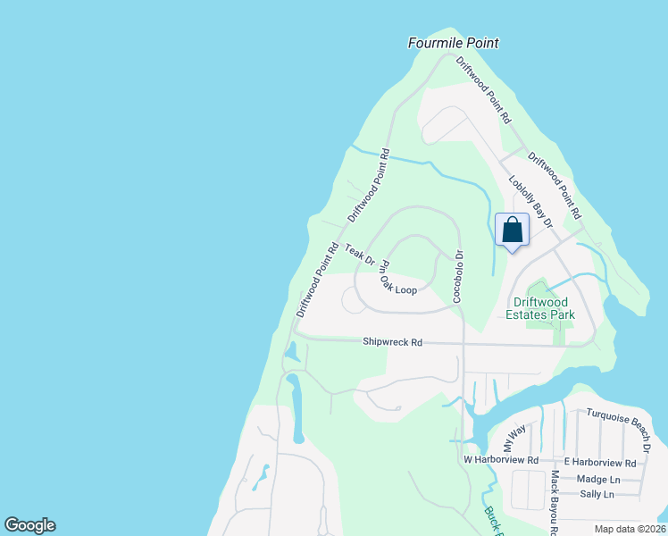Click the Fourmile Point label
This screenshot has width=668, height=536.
453,43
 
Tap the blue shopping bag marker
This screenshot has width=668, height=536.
512,230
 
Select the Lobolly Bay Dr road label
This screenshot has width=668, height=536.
531,199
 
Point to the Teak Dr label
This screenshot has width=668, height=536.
360,255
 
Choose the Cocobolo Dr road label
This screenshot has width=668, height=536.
457,276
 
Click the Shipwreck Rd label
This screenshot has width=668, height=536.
391,342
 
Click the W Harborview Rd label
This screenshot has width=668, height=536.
501,460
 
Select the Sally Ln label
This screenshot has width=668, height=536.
597,494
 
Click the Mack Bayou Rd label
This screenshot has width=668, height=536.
555,501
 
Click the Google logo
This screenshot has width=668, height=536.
30,525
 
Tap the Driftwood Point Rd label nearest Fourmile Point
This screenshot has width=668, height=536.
483,89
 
